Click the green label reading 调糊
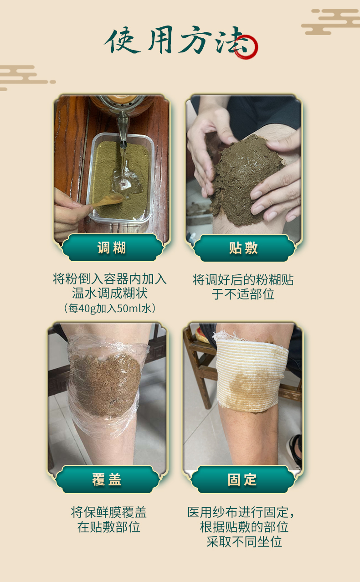pos(112,247)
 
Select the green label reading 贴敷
pos(244,248)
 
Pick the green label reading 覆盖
pos(107,479)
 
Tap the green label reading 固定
pos(242,479)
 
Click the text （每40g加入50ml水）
pos(110,309)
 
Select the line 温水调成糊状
pos(110,293)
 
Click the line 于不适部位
pos(243,294)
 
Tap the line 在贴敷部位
pos(109,527)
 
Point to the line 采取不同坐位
pos(244,542)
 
